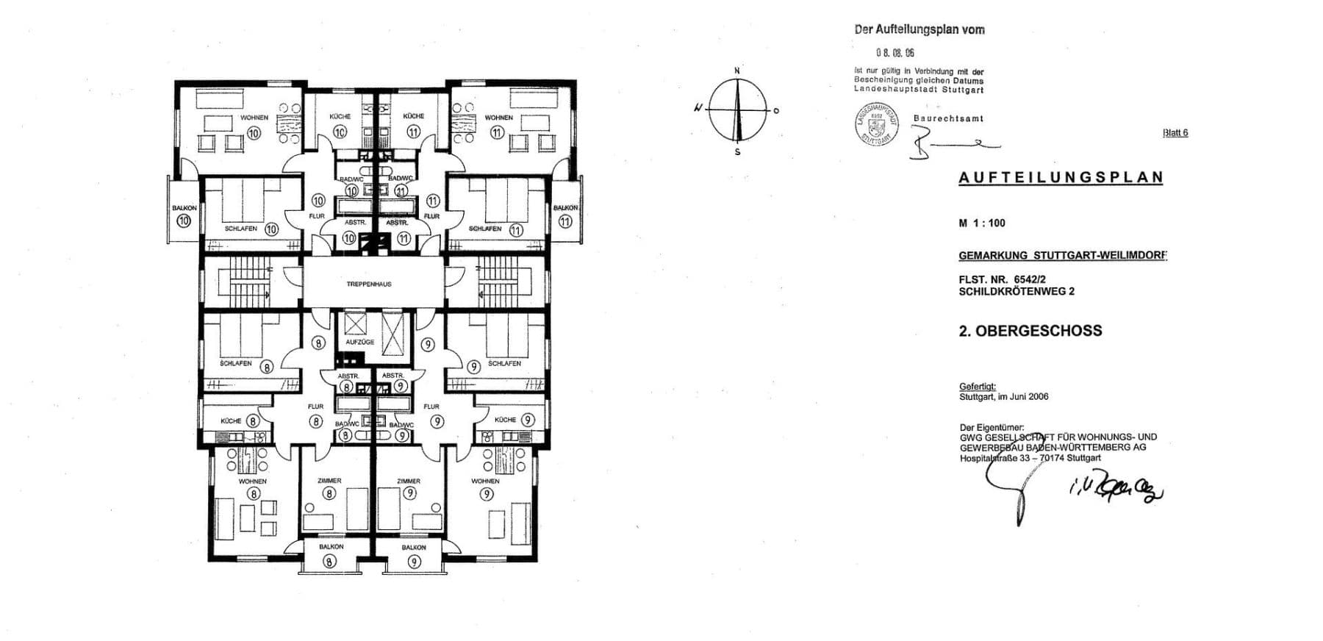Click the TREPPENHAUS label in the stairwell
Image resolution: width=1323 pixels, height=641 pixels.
pos(369,284)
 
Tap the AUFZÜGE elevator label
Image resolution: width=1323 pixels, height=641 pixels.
pos(359,342)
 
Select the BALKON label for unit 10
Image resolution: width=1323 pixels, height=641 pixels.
pos(184,208)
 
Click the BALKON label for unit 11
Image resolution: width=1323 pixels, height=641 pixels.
pos(565,208)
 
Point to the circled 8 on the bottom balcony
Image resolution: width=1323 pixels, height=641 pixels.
pos(330,562)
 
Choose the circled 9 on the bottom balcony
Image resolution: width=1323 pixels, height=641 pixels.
pos(415,562)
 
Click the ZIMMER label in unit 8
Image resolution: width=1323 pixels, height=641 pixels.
pos(329,481)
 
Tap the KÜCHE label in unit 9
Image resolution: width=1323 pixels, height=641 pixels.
pos(505,420)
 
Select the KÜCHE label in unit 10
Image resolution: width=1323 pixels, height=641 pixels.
pos(340,116)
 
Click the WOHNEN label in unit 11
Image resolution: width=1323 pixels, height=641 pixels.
pos(498,118)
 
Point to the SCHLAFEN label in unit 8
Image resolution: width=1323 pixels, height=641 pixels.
pos(235,363)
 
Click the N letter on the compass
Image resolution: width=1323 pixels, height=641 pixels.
pos(737,71)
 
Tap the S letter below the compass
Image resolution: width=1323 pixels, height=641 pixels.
pos(737,152)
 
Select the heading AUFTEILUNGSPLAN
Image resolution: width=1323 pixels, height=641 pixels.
pos(1061,177)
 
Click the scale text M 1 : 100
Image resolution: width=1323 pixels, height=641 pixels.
pos(981,223)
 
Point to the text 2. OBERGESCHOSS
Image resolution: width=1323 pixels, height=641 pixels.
pos(1030,331)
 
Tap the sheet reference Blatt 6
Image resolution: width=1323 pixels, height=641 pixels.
pos(1175,133)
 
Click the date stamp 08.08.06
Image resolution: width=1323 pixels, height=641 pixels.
pos(894,53)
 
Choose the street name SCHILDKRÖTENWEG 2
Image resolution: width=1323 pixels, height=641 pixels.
pos(1016,291)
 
